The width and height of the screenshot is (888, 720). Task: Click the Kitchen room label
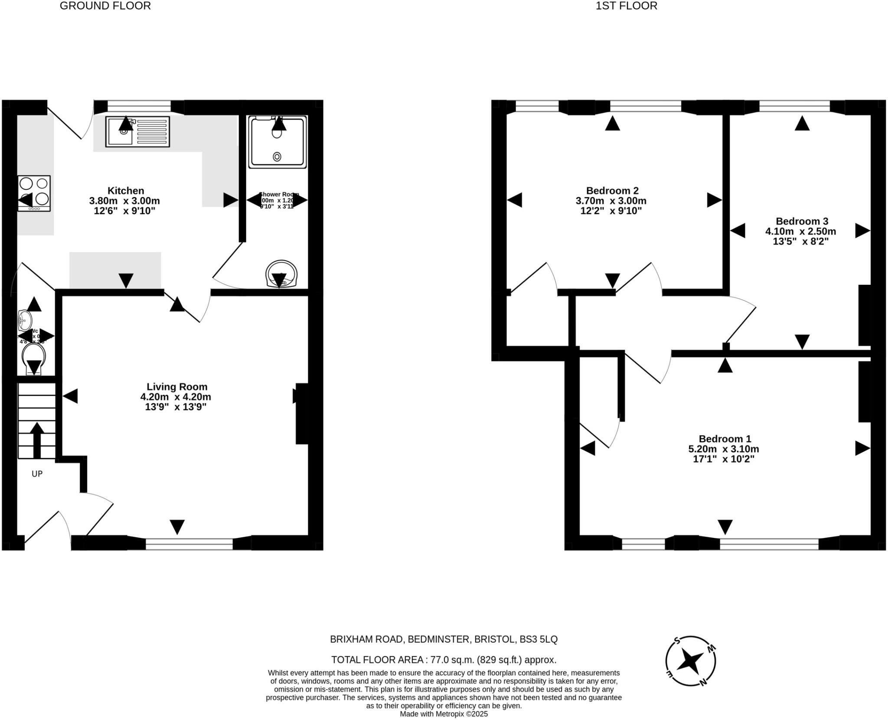[x=126, y=191]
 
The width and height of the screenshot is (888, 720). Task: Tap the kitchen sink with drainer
[x=137, y=132]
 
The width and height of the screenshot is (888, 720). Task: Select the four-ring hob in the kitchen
[x=34, y=193]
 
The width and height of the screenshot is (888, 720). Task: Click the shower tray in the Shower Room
[x=277, y=142]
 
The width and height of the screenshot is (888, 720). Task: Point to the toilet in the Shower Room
[x=282, y=274]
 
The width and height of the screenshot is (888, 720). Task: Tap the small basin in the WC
[x=25, y=321]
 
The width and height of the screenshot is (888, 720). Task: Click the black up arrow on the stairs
[x=37, y=440]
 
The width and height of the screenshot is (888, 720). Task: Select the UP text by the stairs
[x=37, y=474]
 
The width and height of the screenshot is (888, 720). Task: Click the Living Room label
[x=177, y=387]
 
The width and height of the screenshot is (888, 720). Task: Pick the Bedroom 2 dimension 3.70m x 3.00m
[x=612, y=201]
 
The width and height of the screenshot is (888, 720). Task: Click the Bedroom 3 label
[x=802, y=221]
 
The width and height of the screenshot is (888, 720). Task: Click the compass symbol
[x=690, y=661]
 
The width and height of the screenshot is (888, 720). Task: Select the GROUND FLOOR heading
[x=105, y=6]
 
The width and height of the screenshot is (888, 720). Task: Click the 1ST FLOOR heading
[x=626, y=6]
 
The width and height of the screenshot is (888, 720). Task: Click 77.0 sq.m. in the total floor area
[x=450, y=660]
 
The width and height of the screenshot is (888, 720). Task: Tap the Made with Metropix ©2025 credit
[x=444, y=714]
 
